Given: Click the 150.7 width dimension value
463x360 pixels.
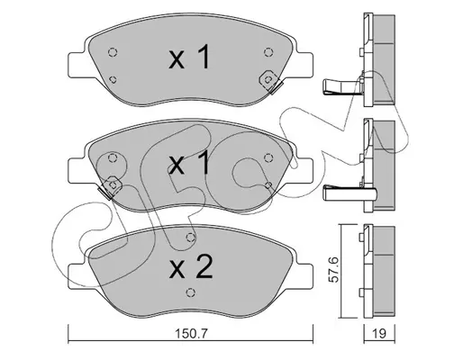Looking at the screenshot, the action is click(191, 334).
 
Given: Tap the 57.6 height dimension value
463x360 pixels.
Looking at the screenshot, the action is click(333, 269).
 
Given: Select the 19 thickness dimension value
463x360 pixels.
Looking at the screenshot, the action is click(379, 334).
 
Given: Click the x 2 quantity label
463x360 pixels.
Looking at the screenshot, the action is click(191, 267).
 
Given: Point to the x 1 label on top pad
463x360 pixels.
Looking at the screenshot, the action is click(189, 57).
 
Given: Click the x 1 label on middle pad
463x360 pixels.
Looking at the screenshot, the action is click(189, 162).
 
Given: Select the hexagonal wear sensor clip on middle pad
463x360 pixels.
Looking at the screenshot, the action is click(111, 186).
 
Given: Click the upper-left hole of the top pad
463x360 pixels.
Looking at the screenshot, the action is click(113, 52).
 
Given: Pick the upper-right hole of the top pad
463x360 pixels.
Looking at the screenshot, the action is click(268, 52).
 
